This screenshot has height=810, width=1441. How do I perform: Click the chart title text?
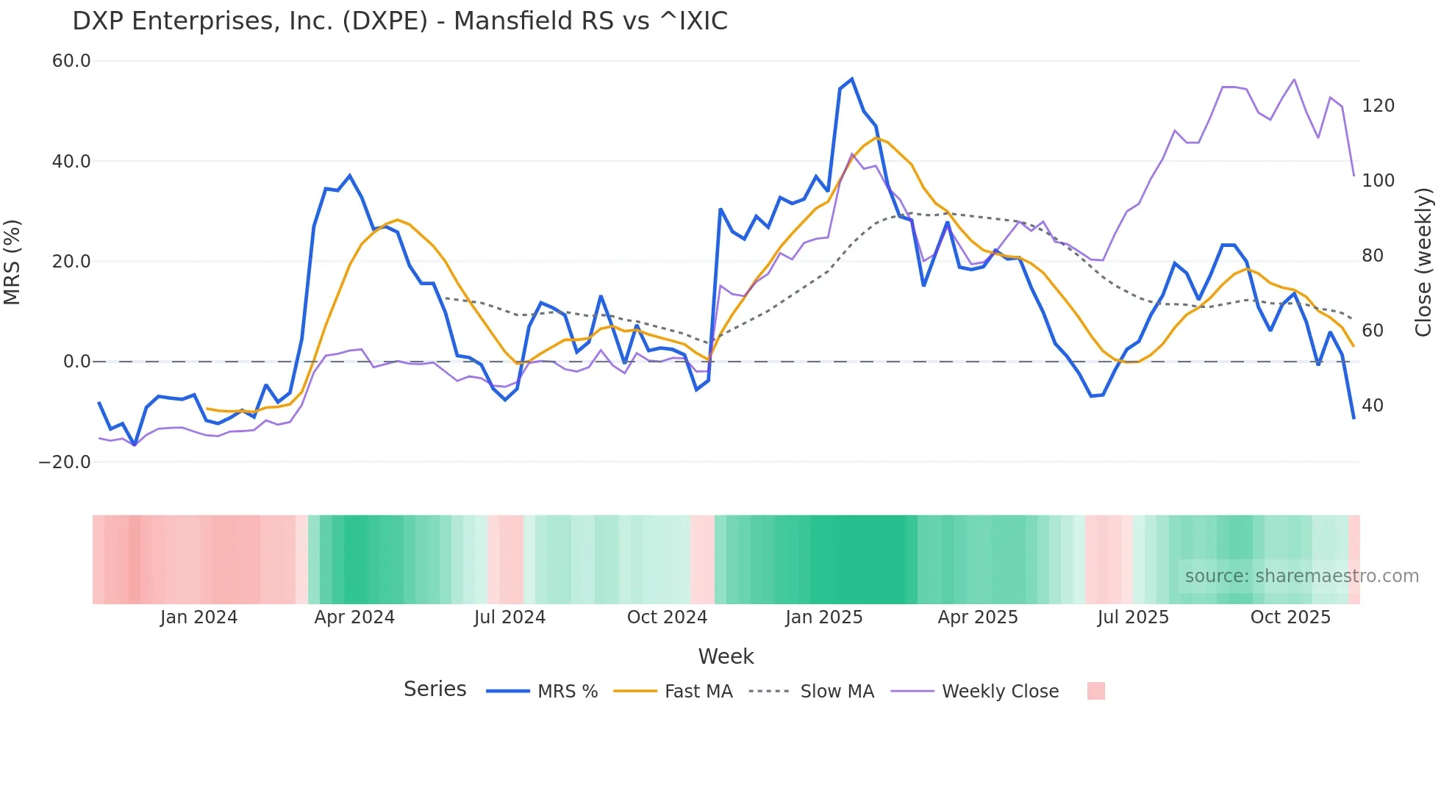(x=400, y=21)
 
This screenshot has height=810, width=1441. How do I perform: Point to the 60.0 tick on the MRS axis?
(x=71, y=61)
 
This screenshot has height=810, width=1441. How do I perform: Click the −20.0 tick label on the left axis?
(x=65, y=462)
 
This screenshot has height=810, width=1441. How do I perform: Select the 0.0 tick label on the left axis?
(x=76, y=362)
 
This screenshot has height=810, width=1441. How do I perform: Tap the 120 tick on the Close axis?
(x=1378, y=106)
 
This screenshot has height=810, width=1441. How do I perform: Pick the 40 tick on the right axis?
(x=1373, y=406)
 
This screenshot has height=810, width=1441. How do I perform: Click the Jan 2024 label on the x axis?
(x=199, y=617)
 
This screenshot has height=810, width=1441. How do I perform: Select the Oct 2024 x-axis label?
(x=667, y=617)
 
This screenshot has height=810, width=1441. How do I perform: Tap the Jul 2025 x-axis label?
(x=1133, y=617)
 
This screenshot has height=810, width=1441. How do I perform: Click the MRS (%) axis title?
(x=12, y=262)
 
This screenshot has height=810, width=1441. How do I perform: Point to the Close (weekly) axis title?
(x=1424, y=262)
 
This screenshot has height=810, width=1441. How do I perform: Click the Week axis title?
(x=726, y=656)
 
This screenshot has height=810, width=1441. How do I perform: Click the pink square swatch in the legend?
(x=1095, y=692)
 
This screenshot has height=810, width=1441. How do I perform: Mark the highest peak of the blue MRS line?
(x=852, y=79)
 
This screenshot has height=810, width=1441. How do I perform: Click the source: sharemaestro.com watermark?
(x=1301, y=576)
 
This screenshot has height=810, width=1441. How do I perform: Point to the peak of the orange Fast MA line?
(x=876, y=137)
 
